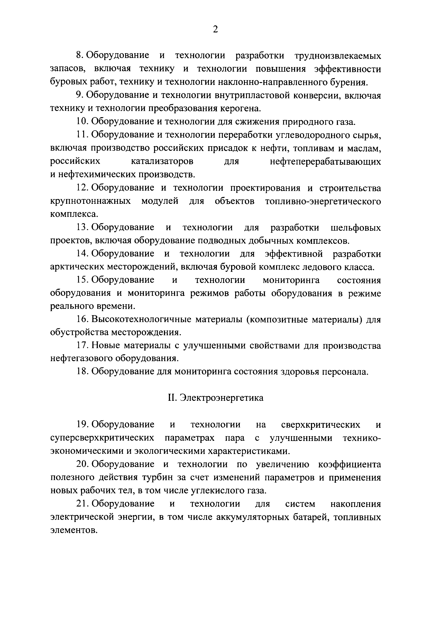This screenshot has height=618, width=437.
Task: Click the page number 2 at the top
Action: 215,29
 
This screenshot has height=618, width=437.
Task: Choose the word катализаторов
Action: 162,162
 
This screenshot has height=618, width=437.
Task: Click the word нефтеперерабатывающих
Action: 325,162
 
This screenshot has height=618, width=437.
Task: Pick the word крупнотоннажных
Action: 90,201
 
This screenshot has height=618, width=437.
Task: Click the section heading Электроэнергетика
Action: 222,398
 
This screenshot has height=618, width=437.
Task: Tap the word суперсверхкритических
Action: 102,438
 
